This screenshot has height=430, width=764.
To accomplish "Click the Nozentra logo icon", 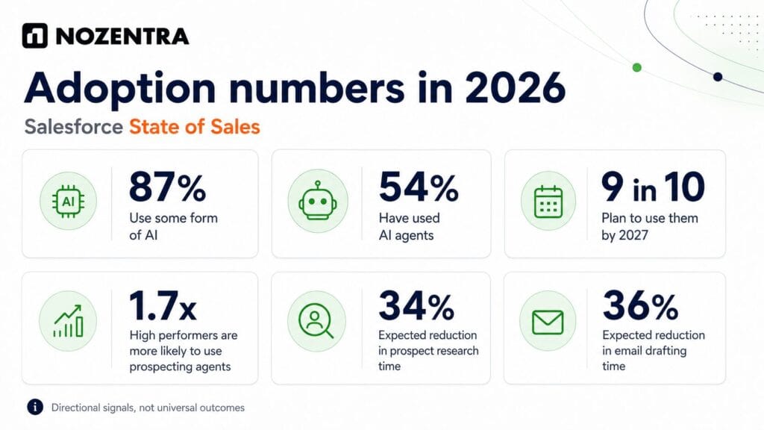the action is click(x=34, y=36).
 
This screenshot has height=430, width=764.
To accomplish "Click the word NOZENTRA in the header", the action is click(x=122, y=36).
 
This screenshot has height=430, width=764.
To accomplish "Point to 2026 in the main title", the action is click(x=515, y=88).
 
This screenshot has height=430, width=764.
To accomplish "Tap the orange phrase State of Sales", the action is click(x=195, y=127).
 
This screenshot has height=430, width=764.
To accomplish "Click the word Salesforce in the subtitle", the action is click(x=74, y=127).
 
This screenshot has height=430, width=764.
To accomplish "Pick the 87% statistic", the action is click(x=168, y=187).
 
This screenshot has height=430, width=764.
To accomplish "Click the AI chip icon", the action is click(x=68, y=201).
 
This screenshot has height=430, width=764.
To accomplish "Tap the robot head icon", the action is click(x=318, y=201).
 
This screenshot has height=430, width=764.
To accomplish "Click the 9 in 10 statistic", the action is click(x=653, y=187).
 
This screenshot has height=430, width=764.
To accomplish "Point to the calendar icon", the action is click(x=548, y=202).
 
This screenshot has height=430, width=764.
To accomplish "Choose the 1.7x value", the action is click(x=163, y=306).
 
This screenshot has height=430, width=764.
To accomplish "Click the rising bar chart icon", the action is click(x=68, y=321).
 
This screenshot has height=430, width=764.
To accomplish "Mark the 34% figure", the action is click(x=416, y=306).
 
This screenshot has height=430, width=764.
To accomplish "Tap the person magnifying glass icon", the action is click(x=316, y=321).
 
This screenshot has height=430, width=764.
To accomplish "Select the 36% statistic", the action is click(x=640, y=306).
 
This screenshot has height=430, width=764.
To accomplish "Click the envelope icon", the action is click(x=548, y=322).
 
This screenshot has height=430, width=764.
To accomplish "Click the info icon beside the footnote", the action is click(x=35, y=407).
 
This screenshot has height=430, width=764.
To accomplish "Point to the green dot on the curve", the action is click(x=637, y=67).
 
